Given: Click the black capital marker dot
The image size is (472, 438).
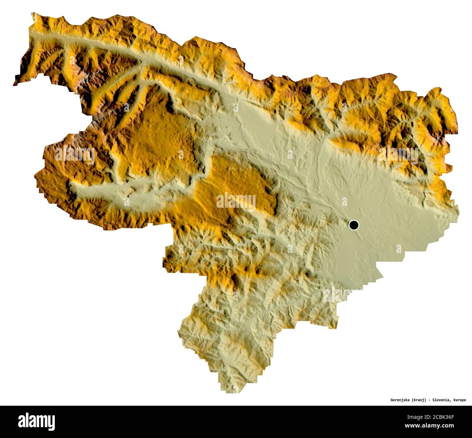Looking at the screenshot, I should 354,225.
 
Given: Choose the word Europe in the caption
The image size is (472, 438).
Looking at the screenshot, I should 459,400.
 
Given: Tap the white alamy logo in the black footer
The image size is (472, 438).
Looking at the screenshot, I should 36,422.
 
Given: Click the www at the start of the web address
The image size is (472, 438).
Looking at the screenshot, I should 411,425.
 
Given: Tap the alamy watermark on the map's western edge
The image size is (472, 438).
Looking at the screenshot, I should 75,154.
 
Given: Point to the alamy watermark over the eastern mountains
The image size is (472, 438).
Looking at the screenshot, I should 398,154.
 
